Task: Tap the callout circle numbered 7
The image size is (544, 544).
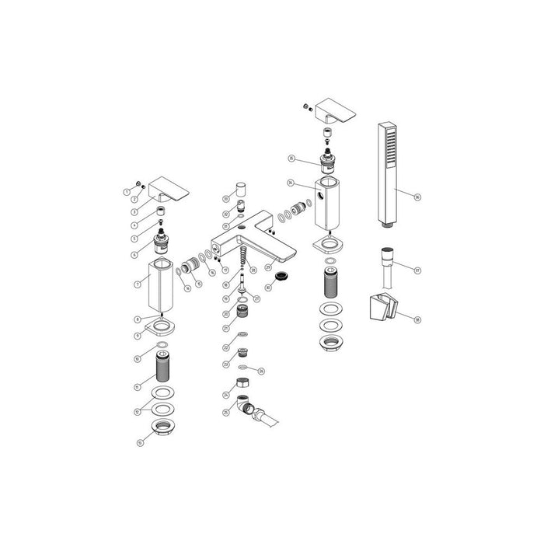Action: (137, 285)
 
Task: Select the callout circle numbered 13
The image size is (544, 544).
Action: (140, 444)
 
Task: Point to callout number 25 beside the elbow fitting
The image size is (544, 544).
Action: (226, 413)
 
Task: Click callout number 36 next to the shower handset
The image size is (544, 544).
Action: (417, 197)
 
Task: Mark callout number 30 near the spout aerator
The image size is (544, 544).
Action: (268, 288)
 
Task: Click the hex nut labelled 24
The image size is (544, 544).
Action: (242, 383)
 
